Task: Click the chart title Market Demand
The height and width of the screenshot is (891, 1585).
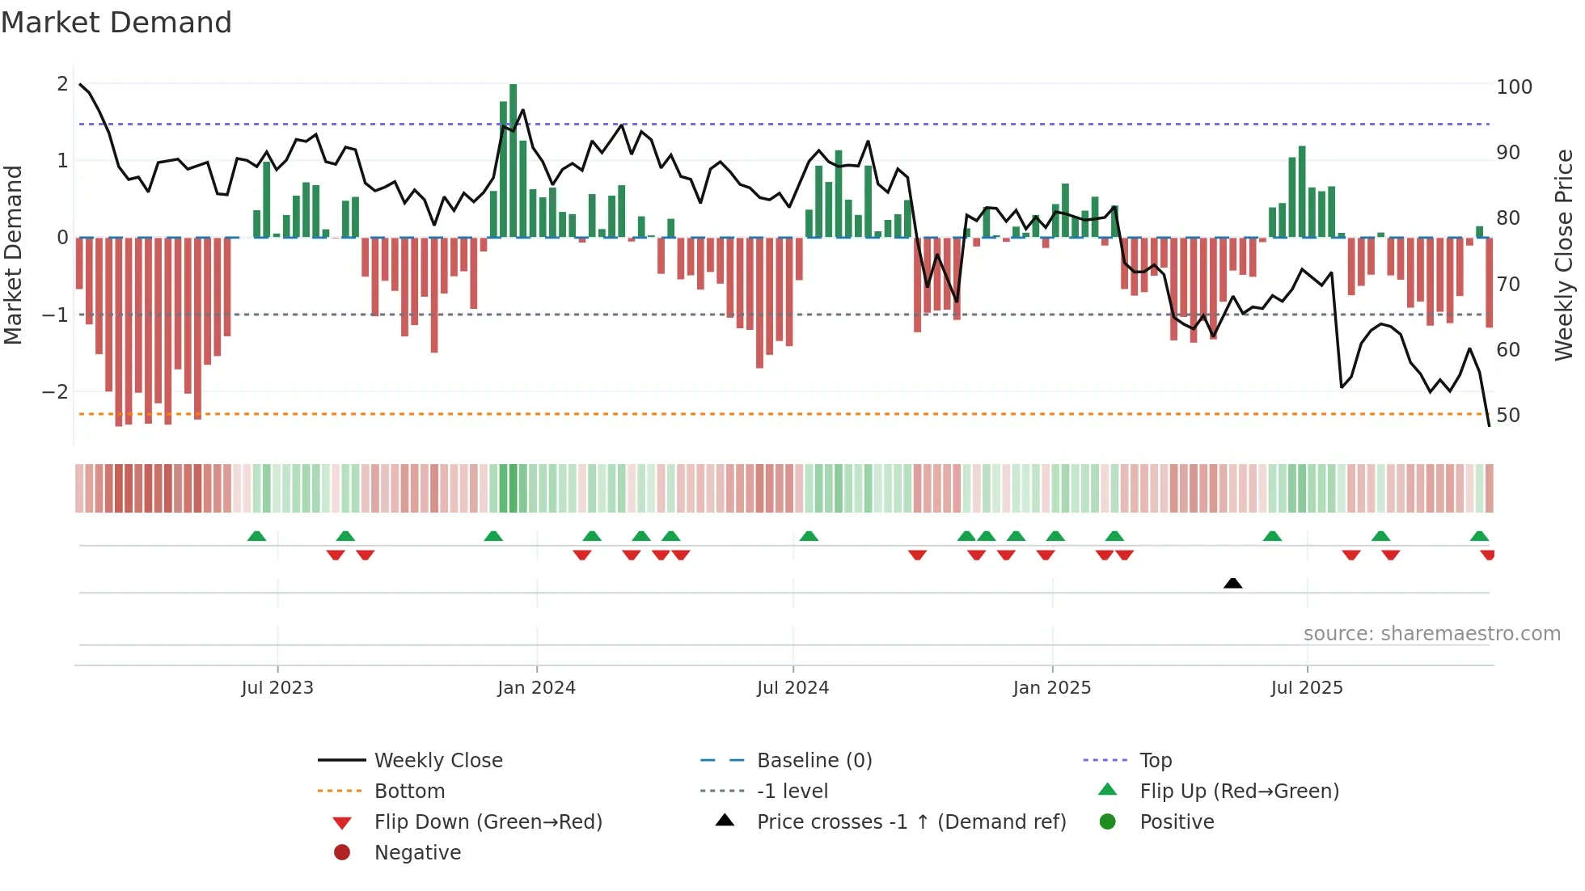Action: (x=116, y=23)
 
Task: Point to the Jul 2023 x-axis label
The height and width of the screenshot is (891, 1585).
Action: (x=277, y=688)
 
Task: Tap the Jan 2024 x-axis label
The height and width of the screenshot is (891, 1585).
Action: (x=536, y=688)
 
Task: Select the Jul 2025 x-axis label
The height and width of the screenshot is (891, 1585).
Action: (x=1306, y=688)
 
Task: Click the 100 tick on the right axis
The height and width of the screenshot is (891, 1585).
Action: (x=1514, y=87)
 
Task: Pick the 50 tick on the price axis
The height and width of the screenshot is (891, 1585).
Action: (x=1507, y=416)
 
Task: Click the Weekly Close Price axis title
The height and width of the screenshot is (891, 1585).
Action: (x=1564, y=255)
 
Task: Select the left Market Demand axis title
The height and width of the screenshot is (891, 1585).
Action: (x=14, y=255)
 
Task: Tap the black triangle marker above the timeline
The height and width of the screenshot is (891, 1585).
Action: (x=1232, y=584)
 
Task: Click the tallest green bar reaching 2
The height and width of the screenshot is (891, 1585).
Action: (x=513, y=162)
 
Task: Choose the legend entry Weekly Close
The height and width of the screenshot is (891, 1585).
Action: (x=437, y=761)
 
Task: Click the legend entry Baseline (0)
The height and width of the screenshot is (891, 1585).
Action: (x=814, y=761)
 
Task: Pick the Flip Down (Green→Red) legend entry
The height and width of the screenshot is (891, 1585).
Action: (x=488, y=822)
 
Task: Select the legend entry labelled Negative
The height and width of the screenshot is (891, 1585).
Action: (x=417, y=853)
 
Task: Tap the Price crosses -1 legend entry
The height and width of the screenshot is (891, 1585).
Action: (x=911, y=822)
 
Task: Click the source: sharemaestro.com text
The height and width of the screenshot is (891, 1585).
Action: (x=1431, y=634)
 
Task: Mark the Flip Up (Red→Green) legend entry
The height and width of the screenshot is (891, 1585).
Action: (x=1239, y=792)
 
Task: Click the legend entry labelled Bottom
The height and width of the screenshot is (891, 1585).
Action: (x=409, y=792)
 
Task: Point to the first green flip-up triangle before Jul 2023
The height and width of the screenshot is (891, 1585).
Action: (x=256, y=536)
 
